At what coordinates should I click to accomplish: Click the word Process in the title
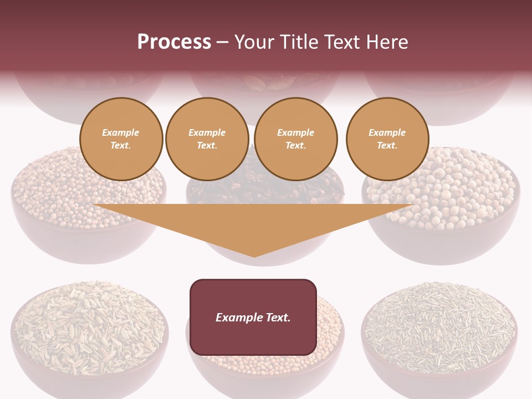(174, 42)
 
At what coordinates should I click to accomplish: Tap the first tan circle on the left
(121, 139)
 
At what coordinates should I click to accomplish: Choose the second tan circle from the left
(207, 139)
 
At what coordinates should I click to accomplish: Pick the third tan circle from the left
(295, 139)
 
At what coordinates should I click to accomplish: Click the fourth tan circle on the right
(387, 139)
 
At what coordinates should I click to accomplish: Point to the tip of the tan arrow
(254, 256)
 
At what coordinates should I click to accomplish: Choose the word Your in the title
(253, 42)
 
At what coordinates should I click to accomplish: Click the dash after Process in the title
(223, 42)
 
